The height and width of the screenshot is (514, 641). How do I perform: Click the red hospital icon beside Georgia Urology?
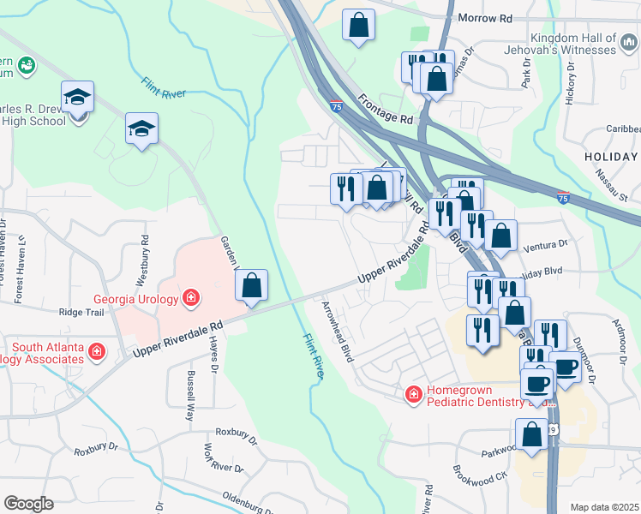pyautogui.click(x=192, y=299)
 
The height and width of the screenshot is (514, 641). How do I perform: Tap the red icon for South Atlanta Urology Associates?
pyautogui.click(x=99, y=350)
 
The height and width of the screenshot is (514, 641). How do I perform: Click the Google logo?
pyautogui.click(x=28, y=504)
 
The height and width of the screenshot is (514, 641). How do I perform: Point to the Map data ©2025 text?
pyautogui.click(x=603, y=507)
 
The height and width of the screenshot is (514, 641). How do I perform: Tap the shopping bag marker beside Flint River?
pyautogui.click(x=251, y=287)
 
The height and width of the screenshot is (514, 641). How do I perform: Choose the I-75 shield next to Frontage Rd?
pyautogui.click(x=337, y=106)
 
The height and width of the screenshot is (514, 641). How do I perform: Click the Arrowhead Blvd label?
pyautogui.click(x=338, y=331)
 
